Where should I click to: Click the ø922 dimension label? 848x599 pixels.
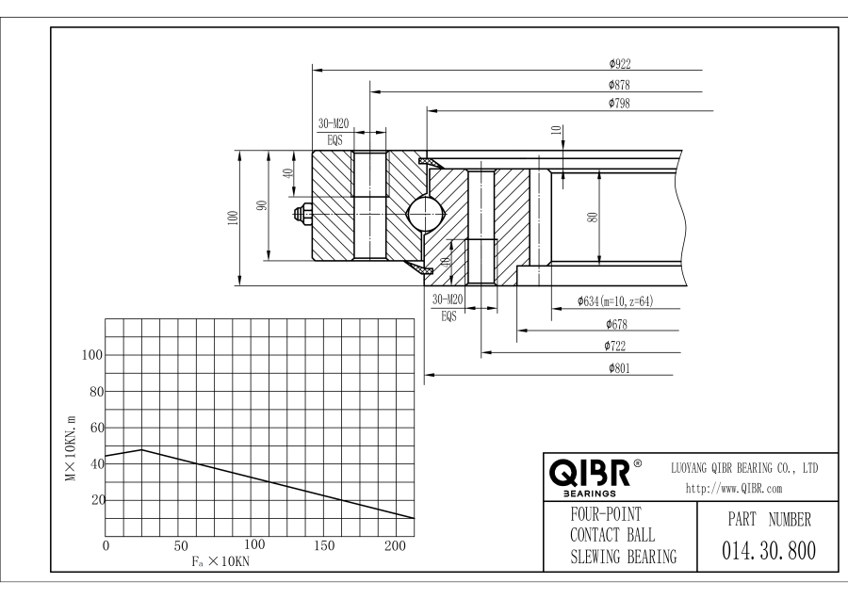pos(619,64)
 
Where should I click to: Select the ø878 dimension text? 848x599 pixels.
pos(619,85)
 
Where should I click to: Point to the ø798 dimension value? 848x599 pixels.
pos(619,103)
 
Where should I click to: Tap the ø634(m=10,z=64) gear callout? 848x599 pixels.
pos(615,302)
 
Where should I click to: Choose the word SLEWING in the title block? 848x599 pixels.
pos(599,558)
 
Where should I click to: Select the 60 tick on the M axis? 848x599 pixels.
pos(93,428)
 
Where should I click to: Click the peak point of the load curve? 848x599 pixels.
pos(141,449)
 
